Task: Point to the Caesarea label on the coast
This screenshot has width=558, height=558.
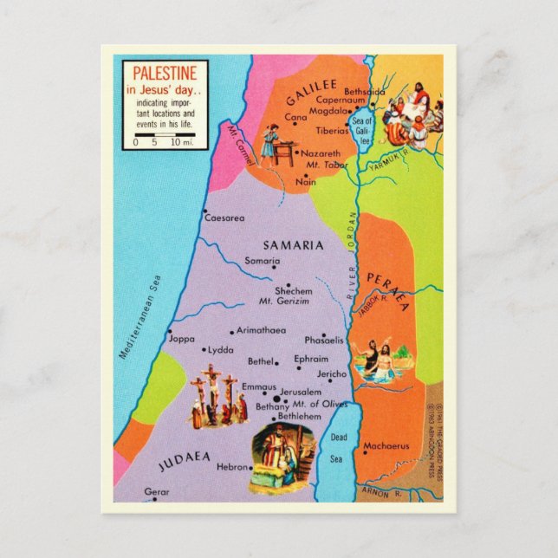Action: (224, 218)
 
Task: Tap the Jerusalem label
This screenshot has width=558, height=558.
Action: (301, 392)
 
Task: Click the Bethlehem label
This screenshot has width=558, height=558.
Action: (298, 417)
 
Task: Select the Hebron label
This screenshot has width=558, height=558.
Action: (232, 466)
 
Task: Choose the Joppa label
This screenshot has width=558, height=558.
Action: (182, 339)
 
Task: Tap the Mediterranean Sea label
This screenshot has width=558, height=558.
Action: (140, 317)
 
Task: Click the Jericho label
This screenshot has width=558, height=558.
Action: (331, 373)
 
